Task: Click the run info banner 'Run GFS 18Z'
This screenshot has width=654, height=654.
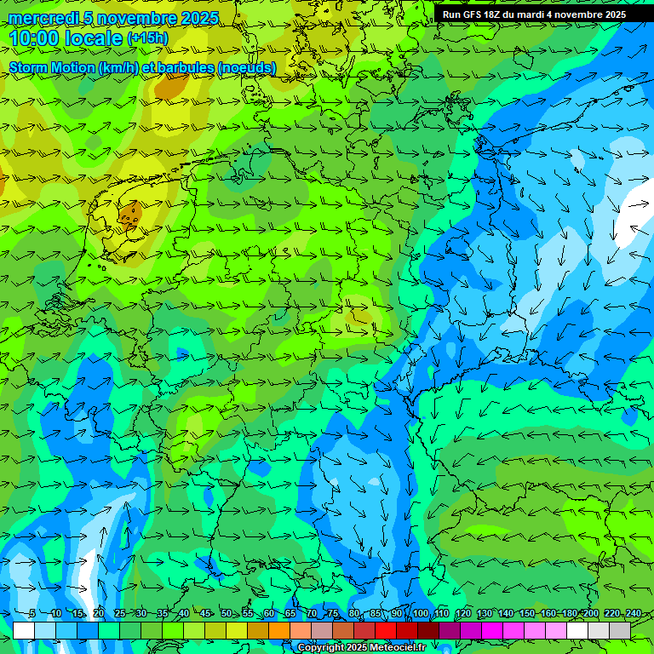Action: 534,14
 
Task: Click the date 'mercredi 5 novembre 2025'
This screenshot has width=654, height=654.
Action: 113,18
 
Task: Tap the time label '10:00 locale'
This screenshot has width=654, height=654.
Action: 66,38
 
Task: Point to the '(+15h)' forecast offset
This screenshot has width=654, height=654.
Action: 147,38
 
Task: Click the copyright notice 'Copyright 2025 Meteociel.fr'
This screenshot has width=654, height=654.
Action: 361,647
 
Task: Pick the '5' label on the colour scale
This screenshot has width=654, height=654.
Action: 32,614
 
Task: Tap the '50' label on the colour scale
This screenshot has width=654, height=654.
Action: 226,614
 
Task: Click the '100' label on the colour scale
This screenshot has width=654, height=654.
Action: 421,614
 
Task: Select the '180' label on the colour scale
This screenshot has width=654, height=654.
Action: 569,614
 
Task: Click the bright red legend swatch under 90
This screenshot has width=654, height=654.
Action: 386,631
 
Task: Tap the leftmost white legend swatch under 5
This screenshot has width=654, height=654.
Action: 24,631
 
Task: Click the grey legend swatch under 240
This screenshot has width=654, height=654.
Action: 620,631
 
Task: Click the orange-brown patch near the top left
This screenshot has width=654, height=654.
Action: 173,85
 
